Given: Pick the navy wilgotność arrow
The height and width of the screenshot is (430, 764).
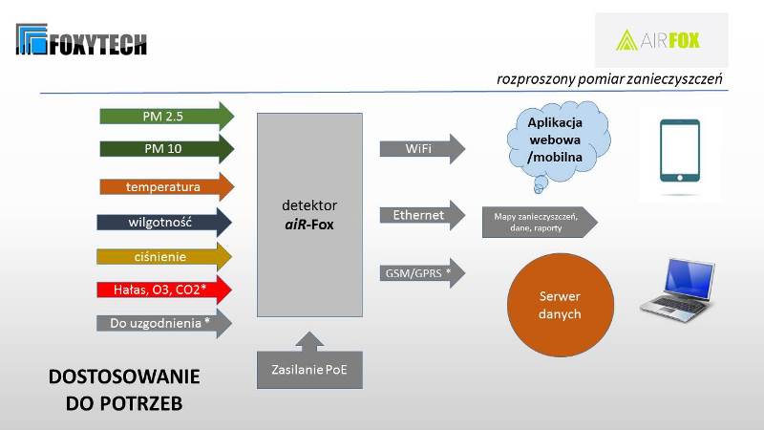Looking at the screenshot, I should click(163, 222).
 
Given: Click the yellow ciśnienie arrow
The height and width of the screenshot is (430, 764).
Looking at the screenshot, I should click(163, 256).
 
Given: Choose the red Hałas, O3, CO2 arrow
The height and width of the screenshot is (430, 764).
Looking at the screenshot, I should click(163, 289).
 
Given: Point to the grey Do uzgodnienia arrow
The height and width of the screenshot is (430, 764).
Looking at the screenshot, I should click(163, 322).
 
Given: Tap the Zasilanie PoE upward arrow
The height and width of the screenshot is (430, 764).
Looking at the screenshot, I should click(309, 363).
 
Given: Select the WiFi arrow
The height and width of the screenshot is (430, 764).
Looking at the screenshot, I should click(421, 148).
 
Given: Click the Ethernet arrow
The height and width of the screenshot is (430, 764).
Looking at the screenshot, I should click(421, 215).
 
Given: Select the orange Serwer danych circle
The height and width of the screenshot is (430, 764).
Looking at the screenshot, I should click(558, 305).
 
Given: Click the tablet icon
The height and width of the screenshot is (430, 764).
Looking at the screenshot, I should click(679, 151).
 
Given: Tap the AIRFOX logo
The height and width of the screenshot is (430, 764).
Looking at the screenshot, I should click(660, 40).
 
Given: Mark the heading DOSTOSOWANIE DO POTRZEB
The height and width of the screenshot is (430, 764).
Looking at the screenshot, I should click(124, 390).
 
